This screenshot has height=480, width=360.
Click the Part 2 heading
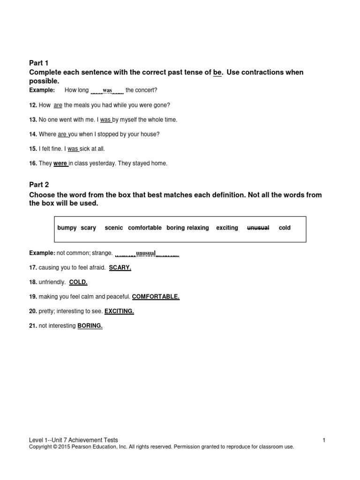(x=39, y=185)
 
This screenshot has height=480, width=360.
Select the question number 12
(x=33, y=105)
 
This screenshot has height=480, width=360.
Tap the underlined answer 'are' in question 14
(x=62, y=134)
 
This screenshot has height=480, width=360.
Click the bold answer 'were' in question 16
(x=60, y=164)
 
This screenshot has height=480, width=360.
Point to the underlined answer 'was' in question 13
(x=105, y=120)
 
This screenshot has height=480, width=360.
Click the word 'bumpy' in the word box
(x=67, y=228)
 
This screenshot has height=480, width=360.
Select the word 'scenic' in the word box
(x=114, y=228)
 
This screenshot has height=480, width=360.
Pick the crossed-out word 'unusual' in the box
(x=258, y=228)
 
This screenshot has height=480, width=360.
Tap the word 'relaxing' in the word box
(x=198, y=228)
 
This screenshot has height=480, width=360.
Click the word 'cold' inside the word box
(x=285, y=228)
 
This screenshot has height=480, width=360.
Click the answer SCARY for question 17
(x=120, y=268)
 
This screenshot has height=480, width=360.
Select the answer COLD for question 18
(x=78, y=282)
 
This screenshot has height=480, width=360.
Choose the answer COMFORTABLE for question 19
(x=156, y=297)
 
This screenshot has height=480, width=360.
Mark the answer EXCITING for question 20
(x=119, y=311)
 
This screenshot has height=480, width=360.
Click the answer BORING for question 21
(x=90, y=326)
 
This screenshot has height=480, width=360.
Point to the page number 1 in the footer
(x=324, y=440)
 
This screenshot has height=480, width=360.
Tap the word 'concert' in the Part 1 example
(x=147, y=90)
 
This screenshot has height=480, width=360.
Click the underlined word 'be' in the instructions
(x=217, y=72)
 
